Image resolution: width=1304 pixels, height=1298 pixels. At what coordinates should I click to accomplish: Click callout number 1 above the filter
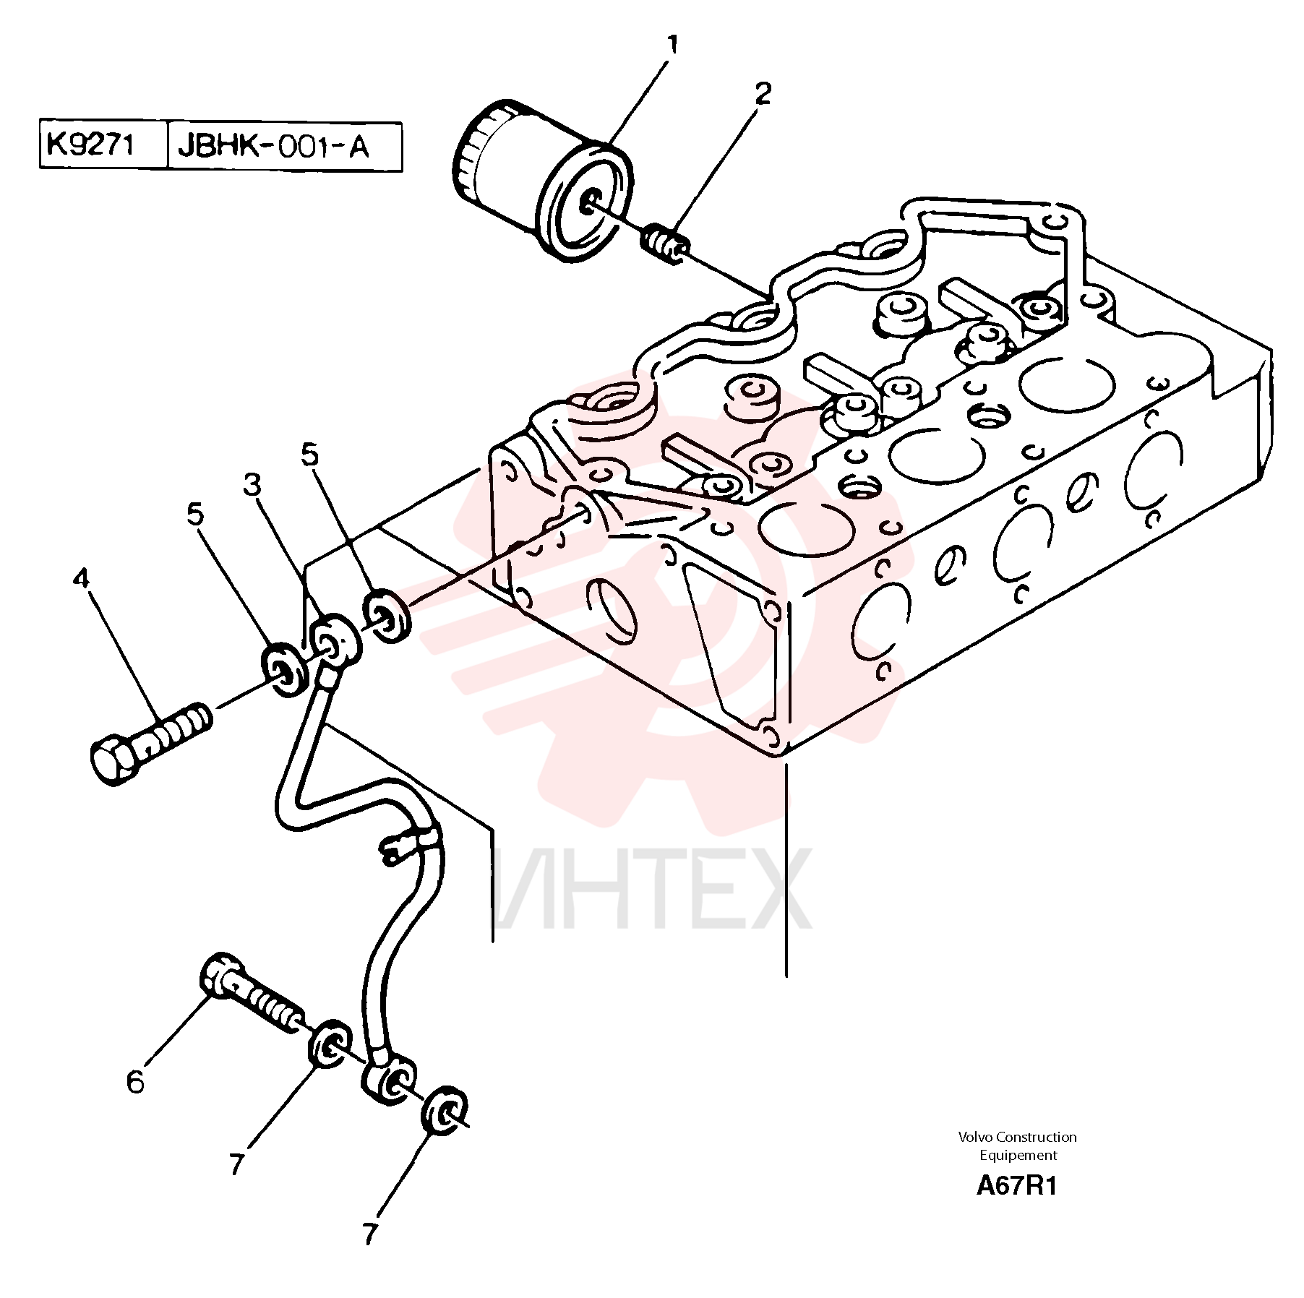(x=672, y=47)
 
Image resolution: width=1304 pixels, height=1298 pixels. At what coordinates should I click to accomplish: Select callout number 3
(x=252, y=485)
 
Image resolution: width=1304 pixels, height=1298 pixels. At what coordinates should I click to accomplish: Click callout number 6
(x=135, y=1082)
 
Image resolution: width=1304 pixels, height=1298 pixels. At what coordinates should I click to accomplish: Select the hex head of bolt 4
(x=114, y=760)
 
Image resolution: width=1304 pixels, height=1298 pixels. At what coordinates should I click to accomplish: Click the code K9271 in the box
(x=90, y=145)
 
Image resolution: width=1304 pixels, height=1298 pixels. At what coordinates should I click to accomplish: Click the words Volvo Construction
(x=1017, y=1137)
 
